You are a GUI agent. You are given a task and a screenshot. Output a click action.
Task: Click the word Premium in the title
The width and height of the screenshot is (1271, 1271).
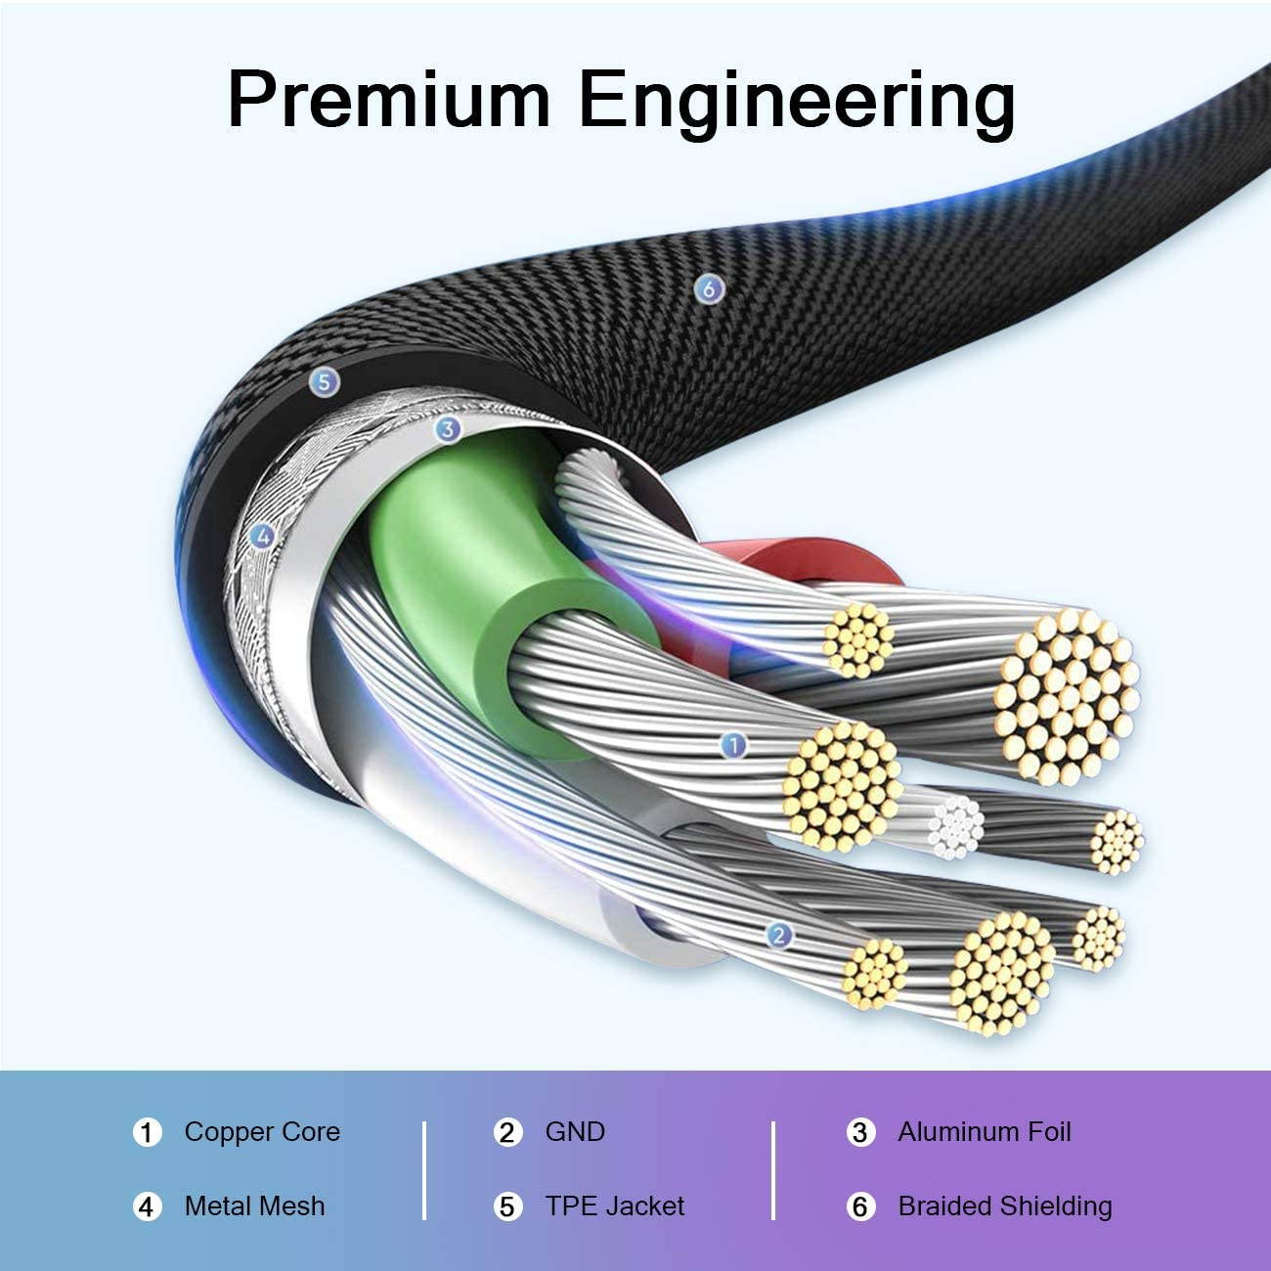pos(388,100)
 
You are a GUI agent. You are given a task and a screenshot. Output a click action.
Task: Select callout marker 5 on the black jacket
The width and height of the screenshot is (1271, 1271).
pos(325,382)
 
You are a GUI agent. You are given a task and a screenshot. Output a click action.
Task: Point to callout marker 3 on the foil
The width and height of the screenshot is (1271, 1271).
pos(447,427)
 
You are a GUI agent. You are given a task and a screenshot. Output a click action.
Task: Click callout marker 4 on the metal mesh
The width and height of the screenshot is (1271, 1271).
pos(260,535)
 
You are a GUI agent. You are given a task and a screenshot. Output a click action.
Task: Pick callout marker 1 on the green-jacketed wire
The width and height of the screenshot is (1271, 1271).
pos(732,746)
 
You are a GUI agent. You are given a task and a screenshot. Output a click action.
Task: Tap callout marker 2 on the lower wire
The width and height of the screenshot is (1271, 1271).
pos(778,935)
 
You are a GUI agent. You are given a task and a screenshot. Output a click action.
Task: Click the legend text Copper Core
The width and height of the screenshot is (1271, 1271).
pos(262,1132)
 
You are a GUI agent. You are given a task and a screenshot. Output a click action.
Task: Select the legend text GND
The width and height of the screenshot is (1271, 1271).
pos(575,1132)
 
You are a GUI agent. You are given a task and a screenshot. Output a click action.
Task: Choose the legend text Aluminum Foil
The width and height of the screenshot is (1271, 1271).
pos(984,1132)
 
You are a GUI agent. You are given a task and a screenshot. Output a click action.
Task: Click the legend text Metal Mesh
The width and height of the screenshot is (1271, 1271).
pos(254,1206)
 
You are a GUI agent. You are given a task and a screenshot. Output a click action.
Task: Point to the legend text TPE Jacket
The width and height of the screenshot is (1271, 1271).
pos(614,1206)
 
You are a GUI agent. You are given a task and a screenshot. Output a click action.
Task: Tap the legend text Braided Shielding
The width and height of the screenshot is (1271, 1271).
pos(1004,1206)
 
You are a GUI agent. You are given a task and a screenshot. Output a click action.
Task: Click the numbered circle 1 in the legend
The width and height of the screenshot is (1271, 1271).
pos(147,1133)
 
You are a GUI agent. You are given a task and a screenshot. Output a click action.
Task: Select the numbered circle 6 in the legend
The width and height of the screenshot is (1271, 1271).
pos(859,1207)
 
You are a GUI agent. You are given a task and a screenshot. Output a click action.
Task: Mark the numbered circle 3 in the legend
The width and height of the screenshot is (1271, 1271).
pos(859,1133)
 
